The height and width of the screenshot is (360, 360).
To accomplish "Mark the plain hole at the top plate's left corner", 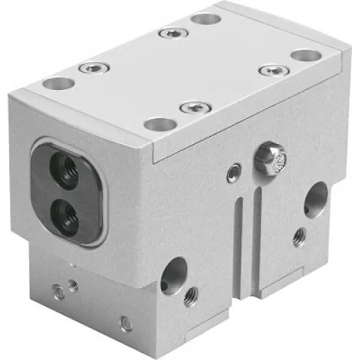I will [x=58, y=83].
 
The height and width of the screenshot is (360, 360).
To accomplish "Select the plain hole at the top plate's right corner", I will [x=305, y=55].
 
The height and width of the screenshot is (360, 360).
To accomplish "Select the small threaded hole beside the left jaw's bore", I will [x=192, y=295].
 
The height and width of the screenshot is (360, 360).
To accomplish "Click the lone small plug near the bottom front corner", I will [x=126, y=324].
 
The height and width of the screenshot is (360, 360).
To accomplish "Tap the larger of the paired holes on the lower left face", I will [x=56, y=292].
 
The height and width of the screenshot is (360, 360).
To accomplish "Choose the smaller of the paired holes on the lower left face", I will [x=73, y=286].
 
